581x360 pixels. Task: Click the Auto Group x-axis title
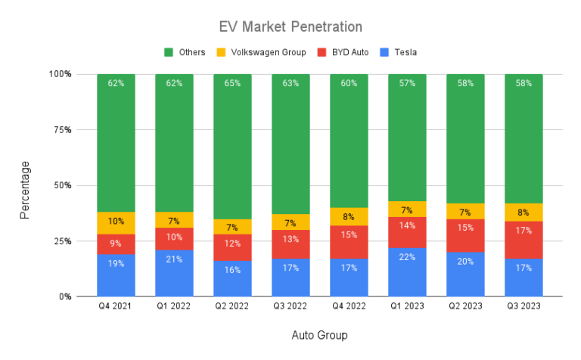319,334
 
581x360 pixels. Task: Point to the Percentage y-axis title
25,189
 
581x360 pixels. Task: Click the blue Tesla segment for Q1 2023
407,272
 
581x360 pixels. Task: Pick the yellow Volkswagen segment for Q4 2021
116,222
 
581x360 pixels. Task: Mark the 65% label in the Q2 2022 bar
232,83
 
